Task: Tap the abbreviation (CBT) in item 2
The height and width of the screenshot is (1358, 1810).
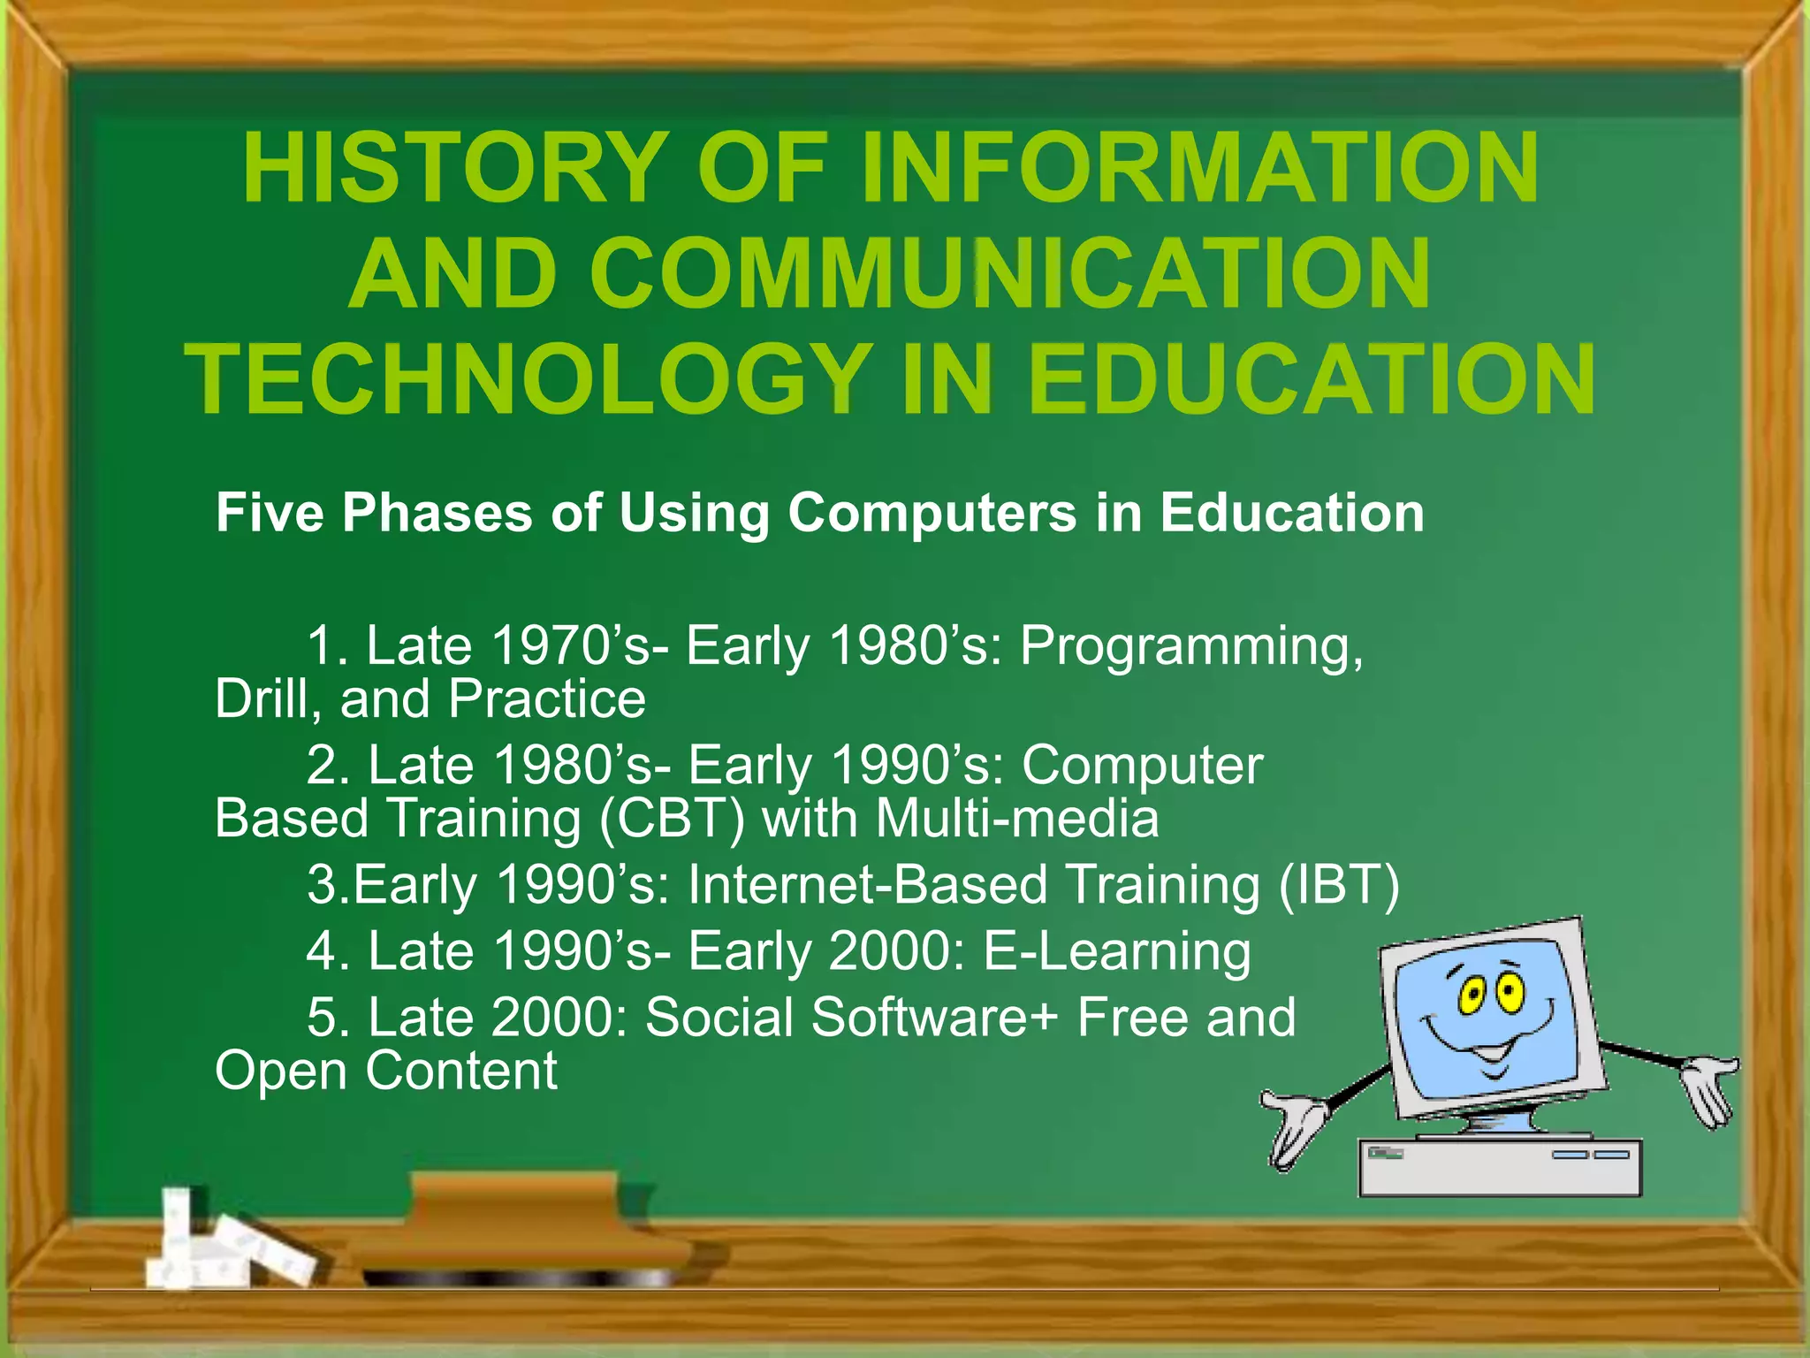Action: click(x=672, y=818)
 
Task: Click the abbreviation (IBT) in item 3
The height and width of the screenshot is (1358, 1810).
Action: click(x=1338, y=884)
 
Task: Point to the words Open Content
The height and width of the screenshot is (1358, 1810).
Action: click(x=386, y=1071)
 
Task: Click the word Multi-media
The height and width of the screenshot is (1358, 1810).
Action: click(x=1016, y=818)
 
